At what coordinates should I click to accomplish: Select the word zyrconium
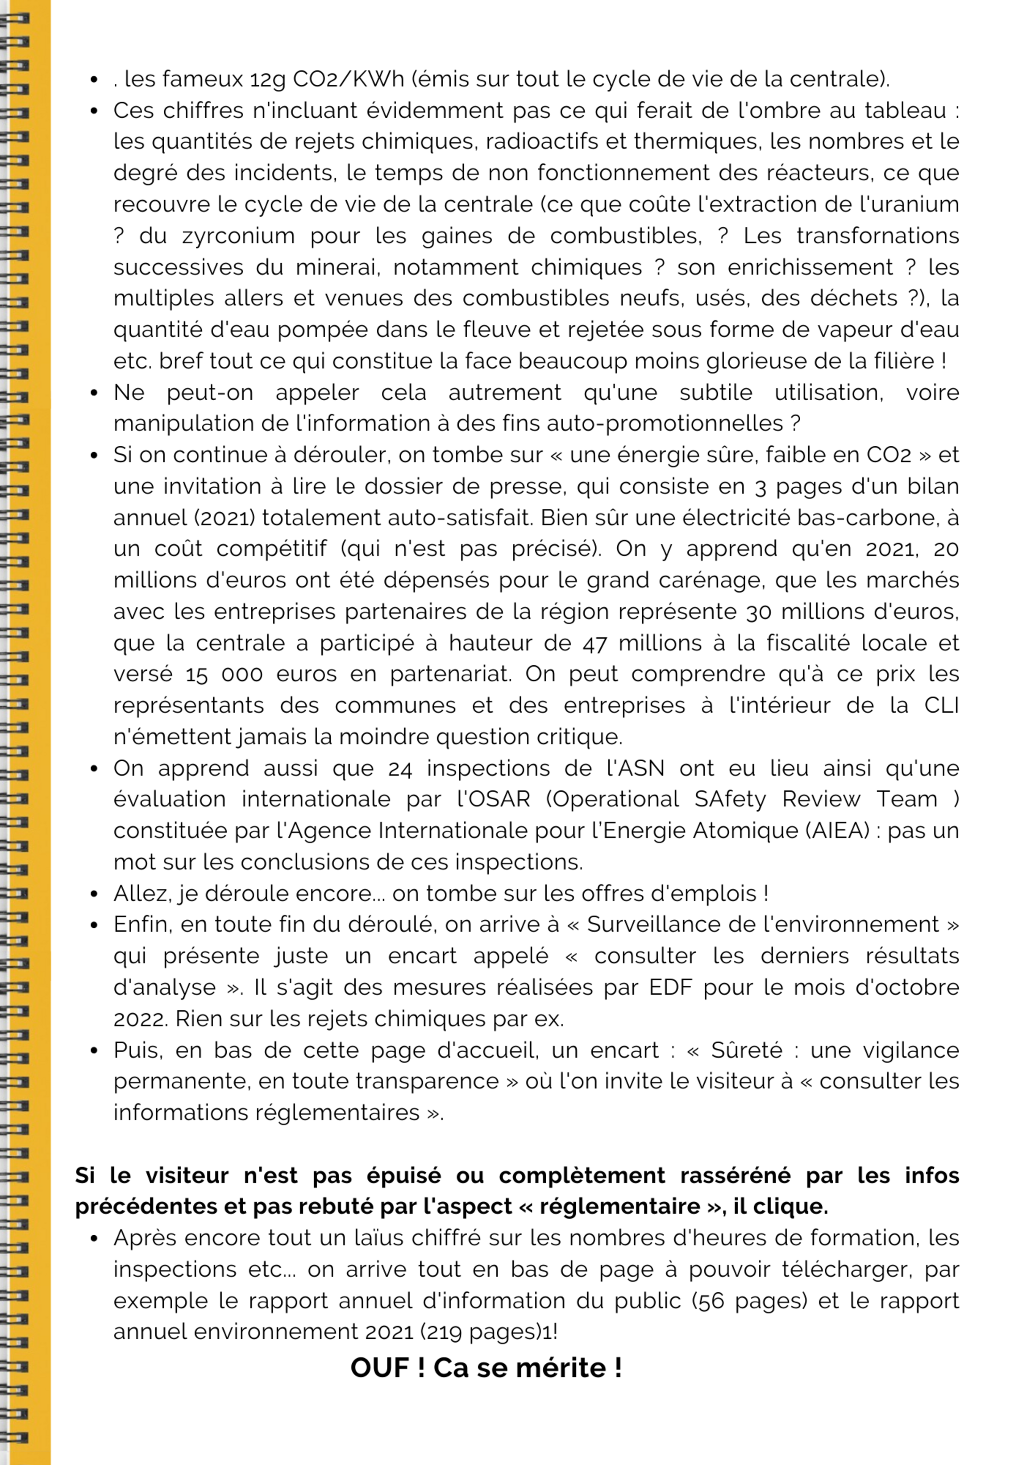click(x=239, y=236)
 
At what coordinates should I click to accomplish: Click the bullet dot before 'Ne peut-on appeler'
click(x=95, y=393)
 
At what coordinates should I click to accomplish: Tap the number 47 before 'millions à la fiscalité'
click(x=594, y=643)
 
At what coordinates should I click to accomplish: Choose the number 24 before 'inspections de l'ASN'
click(x=400, y=768)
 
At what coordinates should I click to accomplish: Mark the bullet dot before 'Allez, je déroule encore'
click(x=95, y=894)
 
